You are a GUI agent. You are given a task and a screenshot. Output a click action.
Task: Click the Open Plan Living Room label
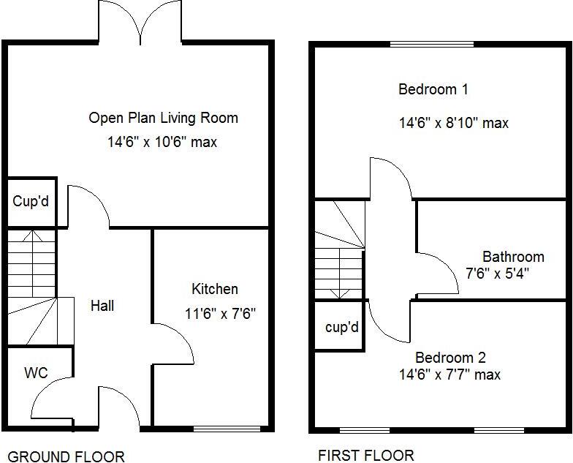point(163,118)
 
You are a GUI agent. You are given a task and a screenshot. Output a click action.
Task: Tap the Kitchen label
point(214,289)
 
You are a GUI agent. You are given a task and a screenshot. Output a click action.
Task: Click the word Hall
point(102,306)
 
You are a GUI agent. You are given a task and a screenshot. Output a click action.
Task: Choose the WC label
point(36,373)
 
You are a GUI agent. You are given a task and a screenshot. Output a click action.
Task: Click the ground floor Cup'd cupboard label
point(31,200)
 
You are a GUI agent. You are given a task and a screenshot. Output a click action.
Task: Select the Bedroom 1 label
point(433,90)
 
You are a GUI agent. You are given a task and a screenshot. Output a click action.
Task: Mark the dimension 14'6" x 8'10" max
point(453,123)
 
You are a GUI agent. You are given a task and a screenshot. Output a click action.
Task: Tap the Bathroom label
point(513,257)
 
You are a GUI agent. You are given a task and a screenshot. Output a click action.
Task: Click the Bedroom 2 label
point(450,358)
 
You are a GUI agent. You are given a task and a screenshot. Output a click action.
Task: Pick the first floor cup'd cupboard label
point(341,327)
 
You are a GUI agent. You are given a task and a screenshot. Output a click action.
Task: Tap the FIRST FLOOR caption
point(365,455)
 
